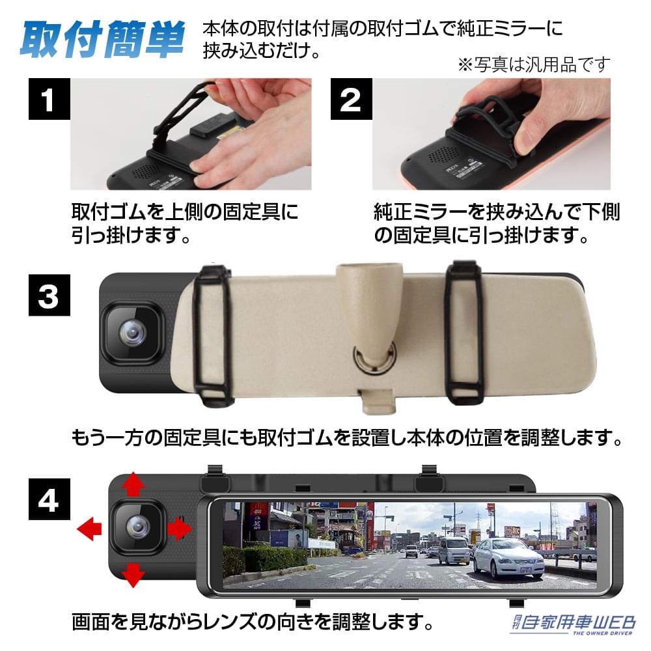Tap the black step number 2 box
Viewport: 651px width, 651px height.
click(x=350, y=100)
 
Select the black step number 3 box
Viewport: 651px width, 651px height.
click(x=48, y=296)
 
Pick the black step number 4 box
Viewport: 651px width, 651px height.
click(x=48, y=501)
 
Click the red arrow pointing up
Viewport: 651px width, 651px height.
click(x=134, y=485)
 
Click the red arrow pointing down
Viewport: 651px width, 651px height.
click(x=134, y=575)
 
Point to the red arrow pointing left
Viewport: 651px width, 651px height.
click(x=89, y=529)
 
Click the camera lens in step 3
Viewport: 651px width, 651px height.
click(x=132, y=333)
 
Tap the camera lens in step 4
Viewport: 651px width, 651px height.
click(x=137, y=526)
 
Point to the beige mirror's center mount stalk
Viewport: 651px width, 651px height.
click(x=367, y=306)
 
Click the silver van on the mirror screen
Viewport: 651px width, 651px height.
click(x=453, y=551)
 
